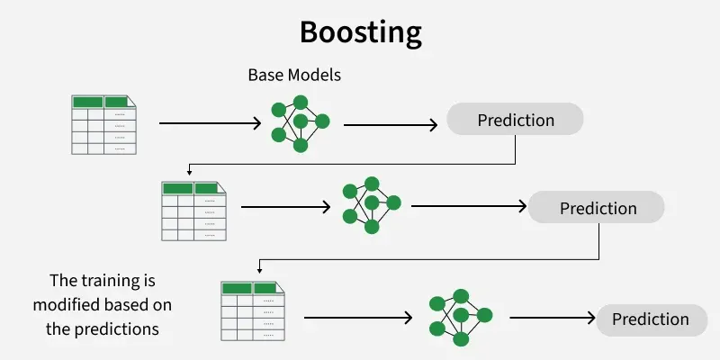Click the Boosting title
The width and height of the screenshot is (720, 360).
[360, 32]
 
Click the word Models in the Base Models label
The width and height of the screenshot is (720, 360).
[314, 75]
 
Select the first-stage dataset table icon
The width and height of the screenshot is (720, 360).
[104, 123]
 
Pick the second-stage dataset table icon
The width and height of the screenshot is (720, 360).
[193, 211]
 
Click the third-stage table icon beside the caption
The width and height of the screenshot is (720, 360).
[254, 310]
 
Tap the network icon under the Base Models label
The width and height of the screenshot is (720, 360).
[300, 121]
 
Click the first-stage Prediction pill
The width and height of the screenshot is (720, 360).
[515, 120]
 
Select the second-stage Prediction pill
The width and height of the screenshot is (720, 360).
[597, 208]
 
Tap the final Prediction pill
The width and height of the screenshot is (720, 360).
[650, 319]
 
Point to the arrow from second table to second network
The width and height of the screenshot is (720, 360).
[286, 206]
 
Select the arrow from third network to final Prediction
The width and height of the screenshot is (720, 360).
[552, 319]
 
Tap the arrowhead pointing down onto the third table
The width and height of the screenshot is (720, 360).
[259, 269]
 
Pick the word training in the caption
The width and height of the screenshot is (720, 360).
[116, 282]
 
